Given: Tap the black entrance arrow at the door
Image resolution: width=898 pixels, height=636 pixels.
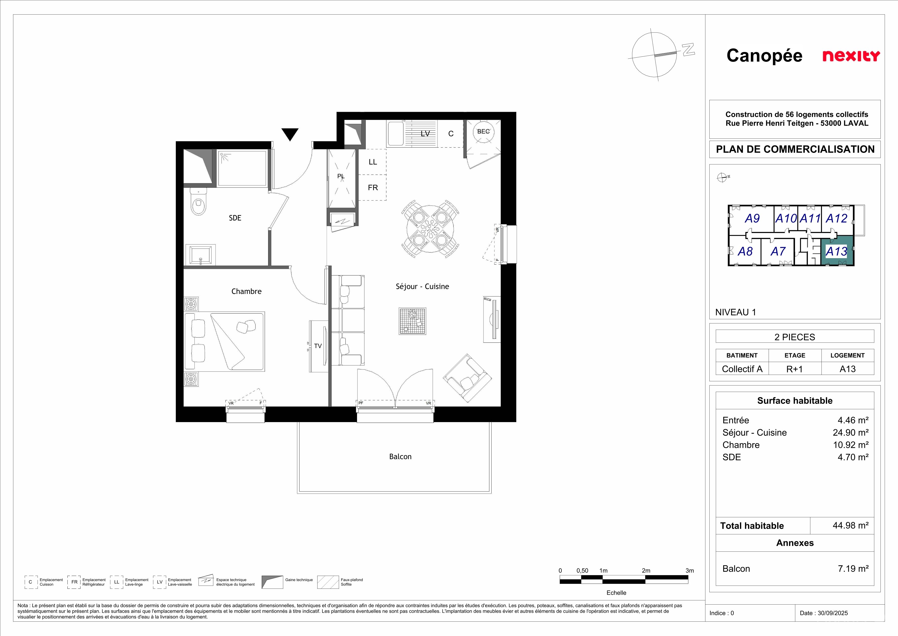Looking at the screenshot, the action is click(x=290, y=134).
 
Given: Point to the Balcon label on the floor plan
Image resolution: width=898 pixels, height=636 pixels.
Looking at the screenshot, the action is click(x=400, y=457).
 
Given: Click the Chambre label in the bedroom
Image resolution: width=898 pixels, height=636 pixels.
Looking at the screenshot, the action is click(x=246, y=291).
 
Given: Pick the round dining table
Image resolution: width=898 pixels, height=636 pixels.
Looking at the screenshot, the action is click(x=430, y=229).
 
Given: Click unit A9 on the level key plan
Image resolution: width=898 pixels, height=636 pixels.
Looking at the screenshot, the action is click(x=752, y=219).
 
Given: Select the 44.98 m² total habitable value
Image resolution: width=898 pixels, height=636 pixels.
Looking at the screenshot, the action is click(x=851, y=525).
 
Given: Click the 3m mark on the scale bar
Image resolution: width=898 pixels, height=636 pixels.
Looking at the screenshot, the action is click(x=690, y=571).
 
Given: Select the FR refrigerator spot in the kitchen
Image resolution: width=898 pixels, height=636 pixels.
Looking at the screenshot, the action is click(x=373, y=188).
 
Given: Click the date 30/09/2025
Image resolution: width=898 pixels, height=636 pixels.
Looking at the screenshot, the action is click(x=833, y=613).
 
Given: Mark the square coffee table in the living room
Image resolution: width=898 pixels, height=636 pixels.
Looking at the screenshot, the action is click(x=412, y=321).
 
